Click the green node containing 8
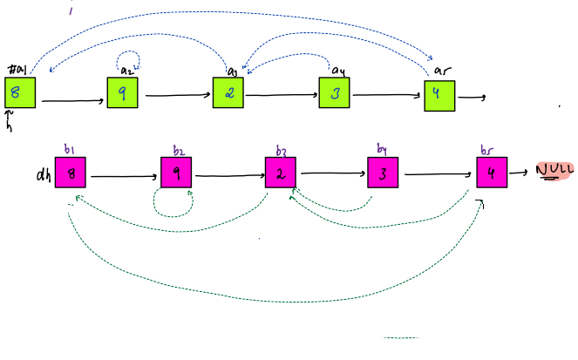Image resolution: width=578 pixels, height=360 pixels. click(19, 92)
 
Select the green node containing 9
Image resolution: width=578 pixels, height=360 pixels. click(122, 92)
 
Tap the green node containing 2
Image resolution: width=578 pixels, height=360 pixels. click(228, 93)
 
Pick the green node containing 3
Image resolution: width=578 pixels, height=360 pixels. click(334, 93)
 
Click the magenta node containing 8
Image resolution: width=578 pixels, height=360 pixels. click(71, 173)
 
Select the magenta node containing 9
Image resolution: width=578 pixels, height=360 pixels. click(176, 173)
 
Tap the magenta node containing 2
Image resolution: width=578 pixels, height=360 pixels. click(281, 173)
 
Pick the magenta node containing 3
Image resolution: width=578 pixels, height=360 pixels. click(382, 173)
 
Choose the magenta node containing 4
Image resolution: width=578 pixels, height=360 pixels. click(492, 173)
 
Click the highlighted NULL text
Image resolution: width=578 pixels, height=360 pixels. click(553, 170)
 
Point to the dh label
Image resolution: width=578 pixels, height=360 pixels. click(43, 174)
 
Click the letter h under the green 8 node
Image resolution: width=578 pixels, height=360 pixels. click(10, 126)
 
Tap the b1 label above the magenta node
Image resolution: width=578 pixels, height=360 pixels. click(70, 149)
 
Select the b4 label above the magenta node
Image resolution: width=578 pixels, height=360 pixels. click(382, 149)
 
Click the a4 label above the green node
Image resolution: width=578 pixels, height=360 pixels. click(339, 70)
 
